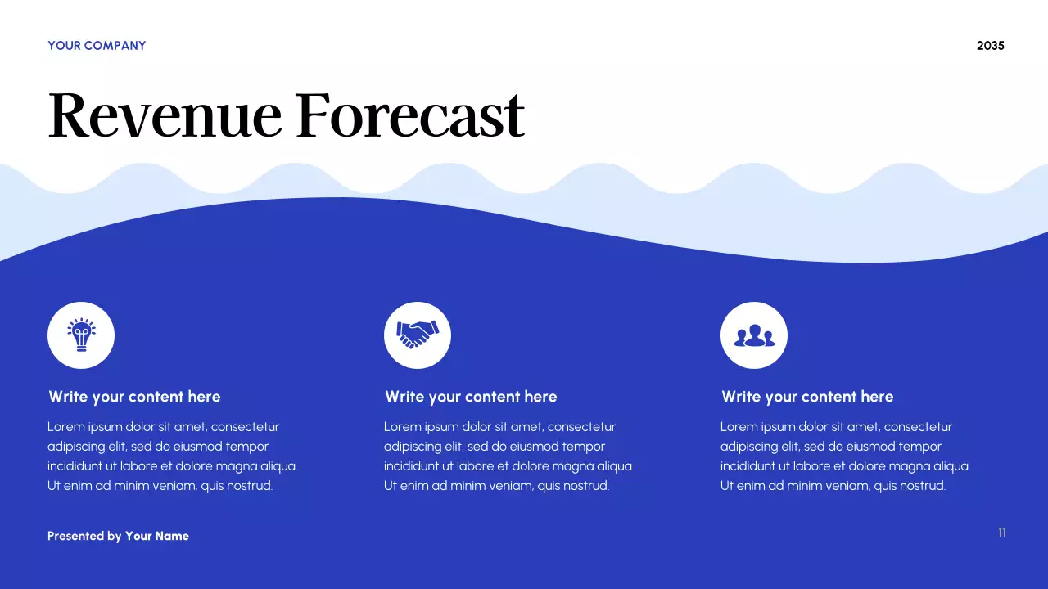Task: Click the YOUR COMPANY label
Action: pyautogui.click(x=97, y=46)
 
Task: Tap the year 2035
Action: pyautogui.click(x=990, y=46)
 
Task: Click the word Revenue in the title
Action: pyautogui.click(x=165, y=115)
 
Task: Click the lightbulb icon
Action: pyautogui.click(x=81, y=335)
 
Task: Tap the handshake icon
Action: pyautogui.click(x=418, y=335)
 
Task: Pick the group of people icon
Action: pyautogui.click(x=754, y=335)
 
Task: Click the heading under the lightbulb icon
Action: pyautogui.click(x=134, y=397)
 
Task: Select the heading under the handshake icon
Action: pyautogui.click(x=471, y=397)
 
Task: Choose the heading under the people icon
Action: pyautogui.click(x=807, y=397)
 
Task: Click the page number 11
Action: pyautogui.click(x=1001, y=533)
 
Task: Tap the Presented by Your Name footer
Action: pyautogui.click(x=118, y=536)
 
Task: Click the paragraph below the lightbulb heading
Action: pyautogui.click(x=172, y=456)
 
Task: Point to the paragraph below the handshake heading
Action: pyautogui.click(x=508, y=456)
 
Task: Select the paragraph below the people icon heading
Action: pyautogui.click(x=845, y=456)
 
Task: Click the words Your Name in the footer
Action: pyautogui.click(x=157, y=536)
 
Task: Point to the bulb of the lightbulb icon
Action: pyautogui.click(x=81, y=331)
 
